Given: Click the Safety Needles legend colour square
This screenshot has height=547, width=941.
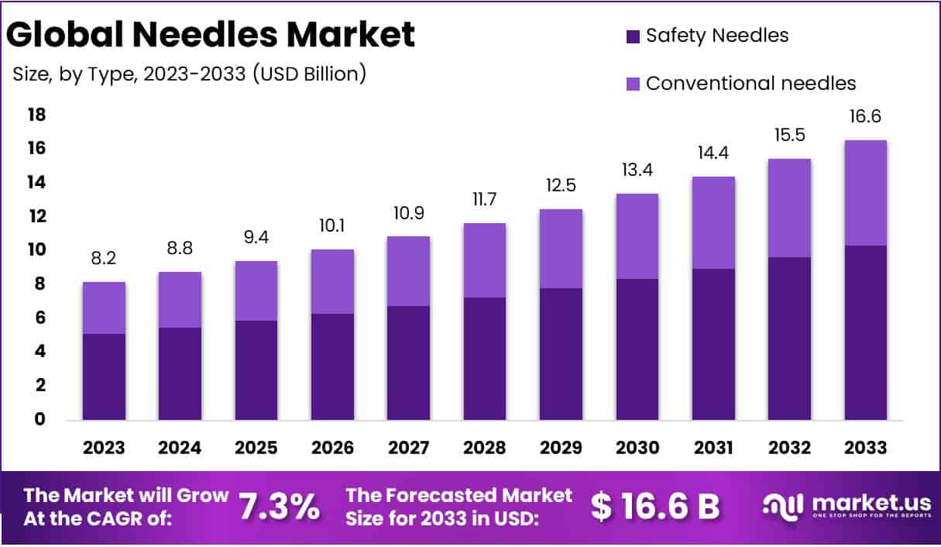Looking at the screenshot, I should click(x=633, y=36).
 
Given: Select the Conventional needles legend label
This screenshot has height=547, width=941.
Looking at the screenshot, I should click(x=750, y=83).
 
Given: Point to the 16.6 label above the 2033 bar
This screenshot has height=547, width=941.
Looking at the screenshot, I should click(x=866, y=117).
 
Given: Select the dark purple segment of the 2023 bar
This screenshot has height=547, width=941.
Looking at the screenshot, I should click(x=105, y=377).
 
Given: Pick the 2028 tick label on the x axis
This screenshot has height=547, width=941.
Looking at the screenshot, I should click(x=485, y=448).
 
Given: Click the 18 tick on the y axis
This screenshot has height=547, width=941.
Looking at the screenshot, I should click(x=37, y=115).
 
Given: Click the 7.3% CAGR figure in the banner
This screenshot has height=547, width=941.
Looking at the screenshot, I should click(x=279, y=506).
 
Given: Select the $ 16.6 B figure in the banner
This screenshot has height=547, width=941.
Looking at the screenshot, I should click(x=655, y=506).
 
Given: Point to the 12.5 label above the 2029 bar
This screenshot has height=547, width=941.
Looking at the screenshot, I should click(x=561, y=187).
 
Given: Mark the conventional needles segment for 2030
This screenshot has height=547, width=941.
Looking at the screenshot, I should click(x=637, y=236).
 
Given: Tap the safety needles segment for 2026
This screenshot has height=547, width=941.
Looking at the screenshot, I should click(x=333, y=366).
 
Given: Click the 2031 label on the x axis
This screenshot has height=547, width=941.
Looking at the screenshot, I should click(x=713, y=448).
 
